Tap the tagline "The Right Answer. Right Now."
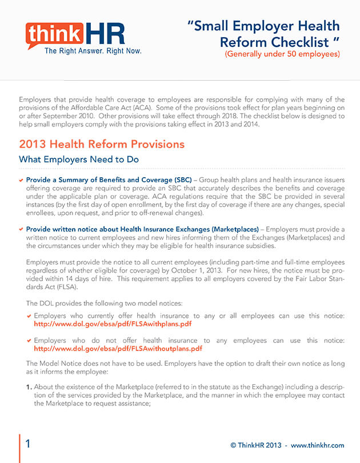93,51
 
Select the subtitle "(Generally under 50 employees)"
282,54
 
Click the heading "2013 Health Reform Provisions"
102,144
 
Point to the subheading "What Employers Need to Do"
79,159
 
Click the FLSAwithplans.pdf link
113,324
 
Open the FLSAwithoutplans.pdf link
117,348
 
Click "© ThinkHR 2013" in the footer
255,445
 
